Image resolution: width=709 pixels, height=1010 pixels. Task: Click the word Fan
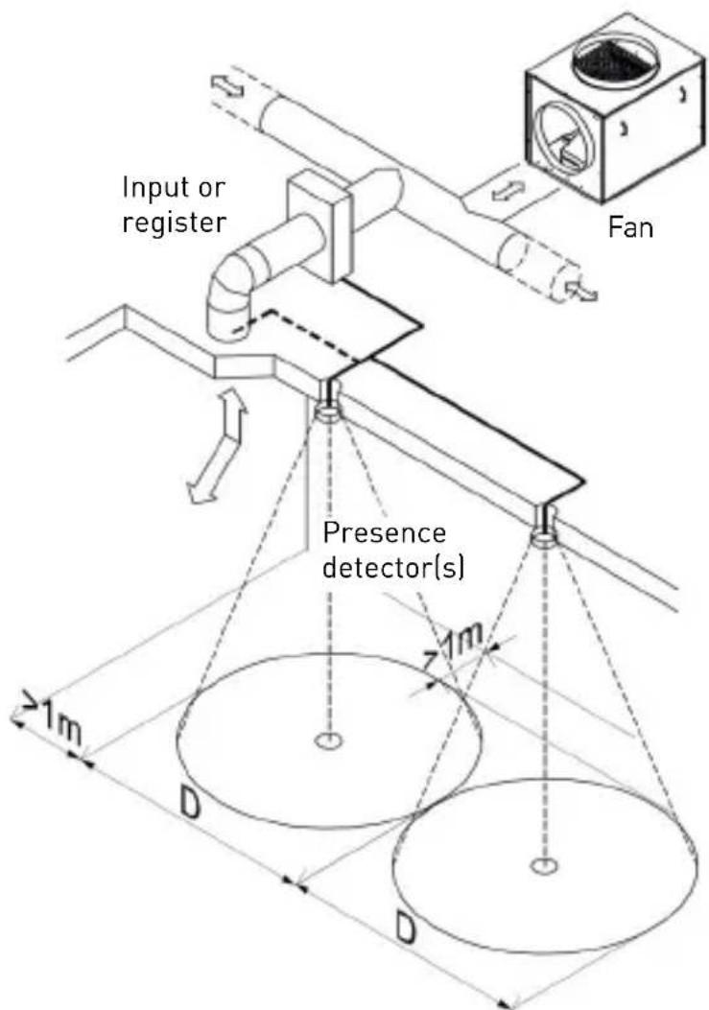(630, 228)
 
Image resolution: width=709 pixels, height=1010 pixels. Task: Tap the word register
(175, 223)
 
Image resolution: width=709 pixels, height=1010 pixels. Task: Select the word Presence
(384, 533)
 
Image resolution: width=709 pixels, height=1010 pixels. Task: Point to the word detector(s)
(392, 568)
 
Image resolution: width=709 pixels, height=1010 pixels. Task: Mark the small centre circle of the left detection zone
(330, 741)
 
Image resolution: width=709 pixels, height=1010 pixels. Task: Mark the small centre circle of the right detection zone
(545, 866)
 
